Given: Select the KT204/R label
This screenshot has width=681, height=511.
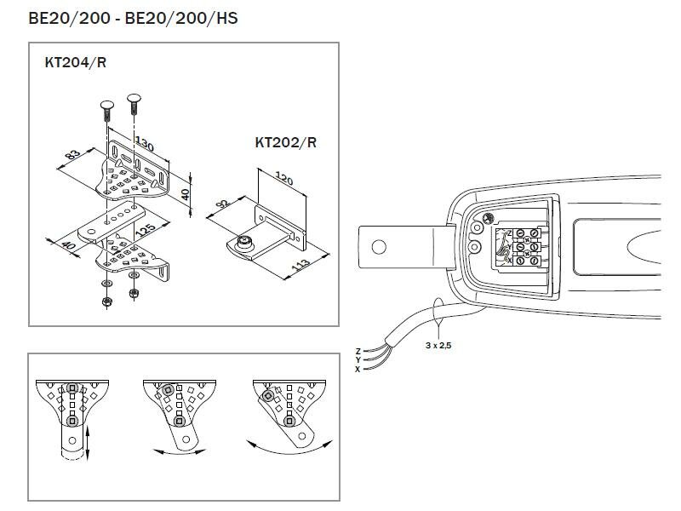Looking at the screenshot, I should point(75,62).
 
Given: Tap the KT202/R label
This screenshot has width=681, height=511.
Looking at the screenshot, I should point(285,142).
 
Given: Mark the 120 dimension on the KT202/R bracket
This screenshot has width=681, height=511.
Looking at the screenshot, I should point(285,181).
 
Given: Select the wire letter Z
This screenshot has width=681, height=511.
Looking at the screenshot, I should point(358,350).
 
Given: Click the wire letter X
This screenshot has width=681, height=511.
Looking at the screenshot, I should point(358,369).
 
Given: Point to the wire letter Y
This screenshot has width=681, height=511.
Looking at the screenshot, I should point(358,359).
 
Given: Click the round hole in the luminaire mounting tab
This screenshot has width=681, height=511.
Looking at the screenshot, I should point(379,247).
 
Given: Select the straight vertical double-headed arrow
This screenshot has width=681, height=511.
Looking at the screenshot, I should point(88,445).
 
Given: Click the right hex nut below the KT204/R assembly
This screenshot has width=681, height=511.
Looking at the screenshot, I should point(134,294).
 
